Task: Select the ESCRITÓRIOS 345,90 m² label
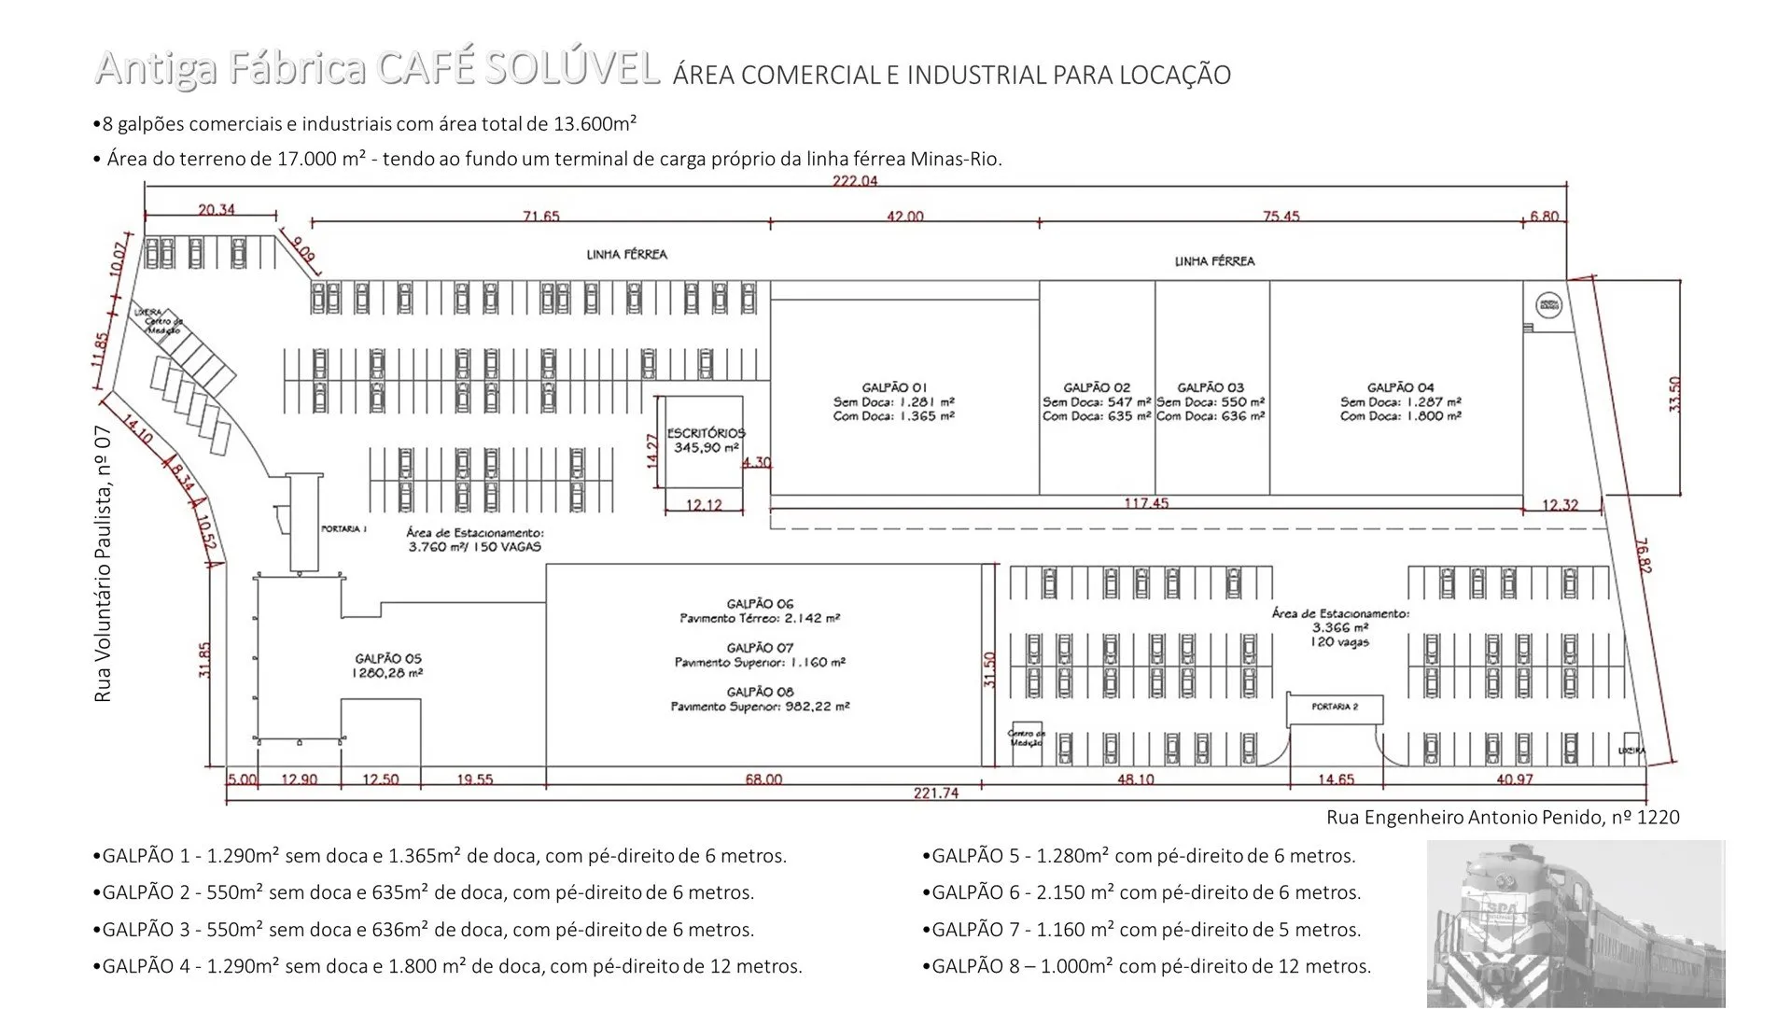[x=706, y=441]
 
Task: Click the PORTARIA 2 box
[x=1334, y=708]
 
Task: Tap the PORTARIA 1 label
[x=343, y=529]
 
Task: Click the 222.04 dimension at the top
[x=855, y=180]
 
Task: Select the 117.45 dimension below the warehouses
[x=1145, y=503]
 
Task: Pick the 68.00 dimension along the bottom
[x=763, y=779]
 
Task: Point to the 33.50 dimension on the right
[x=1674, y=394]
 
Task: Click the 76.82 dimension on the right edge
[x=1644, y=554]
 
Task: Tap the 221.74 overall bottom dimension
[x=935, y=793]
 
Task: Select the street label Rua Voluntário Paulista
[x=104, y=563]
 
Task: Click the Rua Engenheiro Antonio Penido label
[x=1503, y=818]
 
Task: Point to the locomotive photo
[x=1575, y=923]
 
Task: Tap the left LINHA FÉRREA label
[x=626, y=254]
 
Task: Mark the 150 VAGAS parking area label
[x=474, y=540]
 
